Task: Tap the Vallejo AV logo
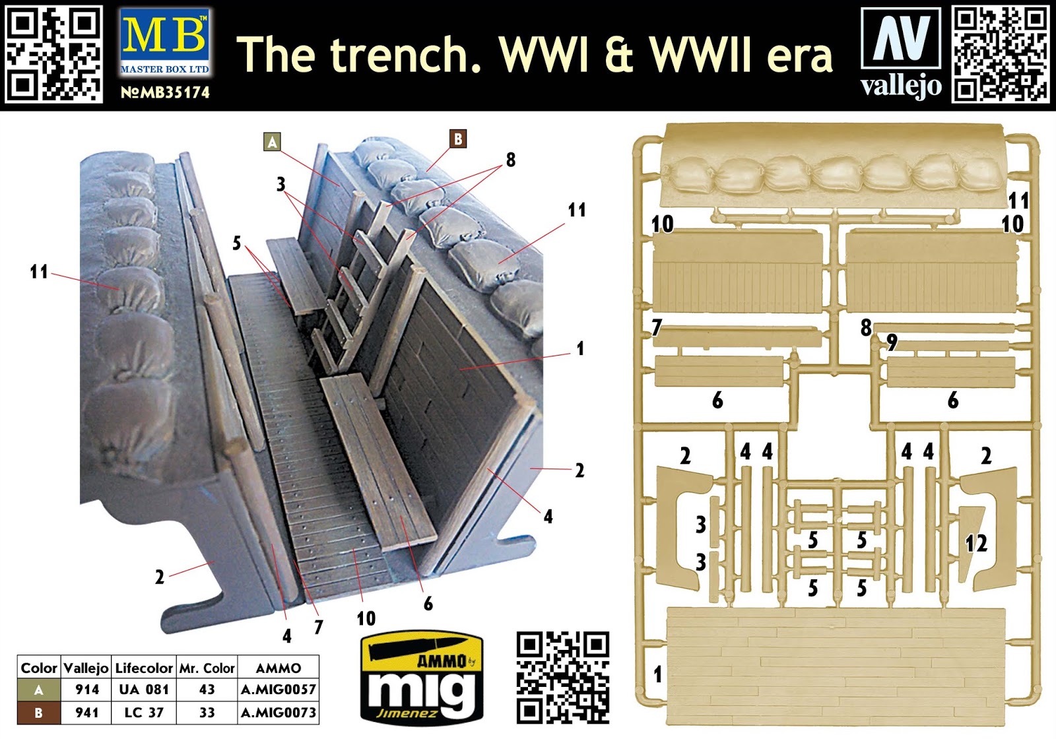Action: [x=901, y=53]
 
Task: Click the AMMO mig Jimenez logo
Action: [x=422, y=678]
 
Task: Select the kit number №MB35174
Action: [x=165, y=92]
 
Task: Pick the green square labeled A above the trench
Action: [x=273, y=142]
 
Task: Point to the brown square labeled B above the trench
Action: [x=458, y=139]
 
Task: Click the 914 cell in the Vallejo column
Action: [x=87, y=690]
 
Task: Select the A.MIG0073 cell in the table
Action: [x=278, y=712]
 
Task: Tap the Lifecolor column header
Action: [x=144, y=668]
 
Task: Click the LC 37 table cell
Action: [x=144, y=712]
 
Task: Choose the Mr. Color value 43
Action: [x=207, y=690]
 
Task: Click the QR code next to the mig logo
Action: [x=563, y=678]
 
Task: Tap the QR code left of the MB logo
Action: [x=53, y=53]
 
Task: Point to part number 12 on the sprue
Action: [x=976, y=544]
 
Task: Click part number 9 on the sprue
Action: [x=892, y=342]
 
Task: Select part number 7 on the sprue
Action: [x=657, y=327]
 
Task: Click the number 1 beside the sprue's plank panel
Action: [x=658, y=674]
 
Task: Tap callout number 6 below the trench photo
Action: [x=428, y=603]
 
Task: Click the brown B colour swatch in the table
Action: [x=39, y=713]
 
